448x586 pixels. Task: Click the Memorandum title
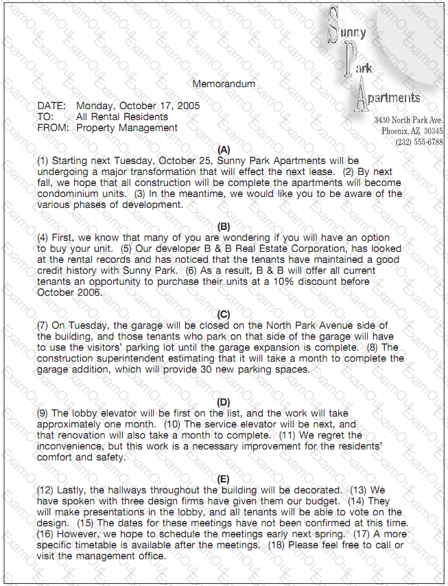pos(224,84)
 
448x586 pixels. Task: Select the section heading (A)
pos(224,149)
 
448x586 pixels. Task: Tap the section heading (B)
pos(224,226)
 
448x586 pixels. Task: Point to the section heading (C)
pos(224,314)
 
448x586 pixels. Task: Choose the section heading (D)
pos(224,402)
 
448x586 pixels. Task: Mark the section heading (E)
pos(224,479)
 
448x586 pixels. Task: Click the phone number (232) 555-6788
pos(418,142)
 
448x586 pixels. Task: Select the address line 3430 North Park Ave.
pos(408,120)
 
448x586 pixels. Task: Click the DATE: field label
pos(51,106)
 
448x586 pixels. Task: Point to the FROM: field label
pos(53,128)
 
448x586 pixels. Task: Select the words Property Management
pos(127,128)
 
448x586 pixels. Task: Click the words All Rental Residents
pos(122,117)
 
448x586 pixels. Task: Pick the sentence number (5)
pos(126,248)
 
